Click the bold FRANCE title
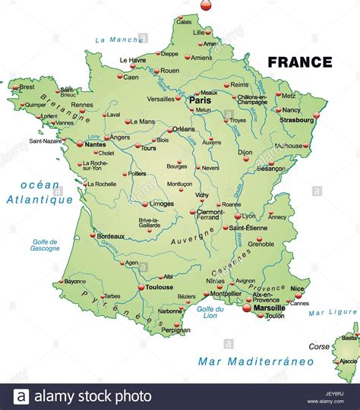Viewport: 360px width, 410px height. pyautogui.click(x=300, y=62)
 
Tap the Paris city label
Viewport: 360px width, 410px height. pyautogui.click(x=200, y=100)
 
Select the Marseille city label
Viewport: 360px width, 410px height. pyautogui.click(x=264, y=307)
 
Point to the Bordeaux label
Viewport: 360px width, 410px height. pyautogui.click(x=111, y=236)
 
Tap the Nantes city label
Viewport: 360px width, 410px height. pyautogui.click(x=96, y=143)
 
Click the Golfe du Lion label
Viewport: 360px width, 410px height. pyautogui.click(x=210, y=313)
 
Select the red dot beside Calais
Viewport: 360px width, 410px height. pyautogui.click(x=175, y=21)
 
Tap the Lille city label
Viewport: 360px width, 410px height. pyautogui.click(x=199, y=33)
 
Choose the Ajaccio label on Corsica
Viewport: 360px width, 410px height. pyautogui.click(x=349, y=361)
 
